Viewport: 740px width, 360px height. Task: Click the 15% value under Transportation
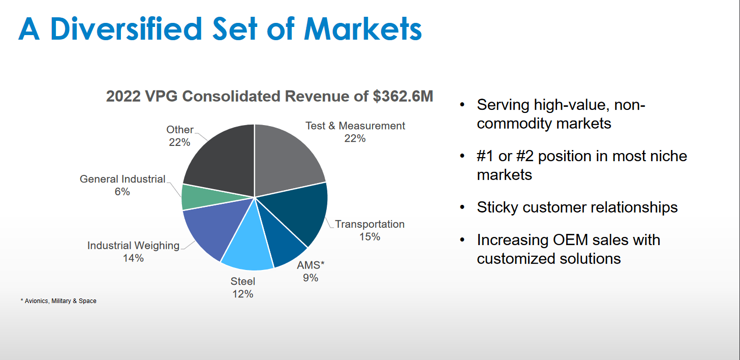369,236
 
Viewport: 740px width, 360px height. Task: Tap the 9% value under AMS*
311,278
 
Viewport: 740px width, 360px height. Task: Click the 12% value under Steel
243,294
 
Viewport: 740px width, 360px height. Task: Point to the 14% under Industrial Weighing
133,258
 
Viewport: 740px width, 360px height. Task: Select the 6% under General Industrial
122,192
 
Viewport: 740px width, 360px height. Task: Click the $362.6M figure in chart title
403,96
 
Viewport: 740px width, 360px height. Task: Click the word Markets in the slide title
363,29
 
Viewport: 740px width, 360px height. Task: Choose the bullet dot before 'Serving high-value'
462,105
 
